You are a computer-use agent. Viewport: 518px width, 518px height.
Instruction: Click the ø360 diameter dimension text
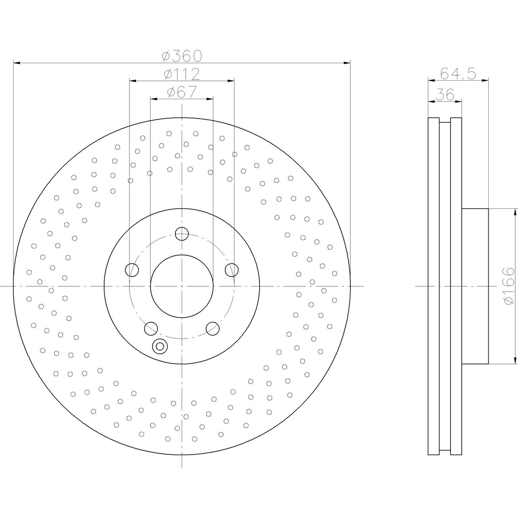tap(182, 56)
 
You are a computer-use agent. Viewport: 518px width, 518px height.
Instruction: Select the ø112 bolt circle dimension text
tap(182, 74)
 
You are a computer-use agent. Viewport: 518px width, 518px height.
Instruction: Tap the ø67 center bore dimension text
tap(182, 92)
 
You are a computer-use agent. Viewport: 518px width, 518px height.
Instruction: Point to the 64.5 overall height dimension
tap(458, 73)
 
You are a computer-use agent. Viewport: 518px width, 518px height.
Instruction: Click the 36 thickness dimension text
tap(445, 95)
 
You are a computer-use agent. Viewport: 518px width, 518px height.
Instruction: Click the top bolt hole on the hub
tap(182, 234)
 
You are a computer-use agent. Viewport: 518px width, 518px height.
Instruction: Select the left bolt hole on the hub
tap(132, 270)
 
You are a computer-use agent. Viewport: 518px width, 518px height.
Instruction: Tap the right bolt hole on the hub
tap(232, 270)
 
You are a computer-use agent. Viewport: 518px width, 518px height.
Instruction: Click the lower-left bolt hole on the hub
tap(151, 328)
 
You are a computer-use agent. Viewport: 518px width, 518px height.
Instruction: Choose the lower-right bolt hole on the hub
tap(212, 328)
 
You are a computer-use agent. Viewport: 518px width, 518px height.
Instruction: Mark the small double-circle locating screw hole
tap(160, 346)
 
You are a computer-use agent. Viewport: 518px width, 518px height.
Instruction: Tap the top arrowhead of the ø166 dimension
tap(515, 212)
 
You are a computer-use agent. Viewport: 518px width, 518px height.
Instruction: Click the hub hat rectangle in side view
tap(475, 286)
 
